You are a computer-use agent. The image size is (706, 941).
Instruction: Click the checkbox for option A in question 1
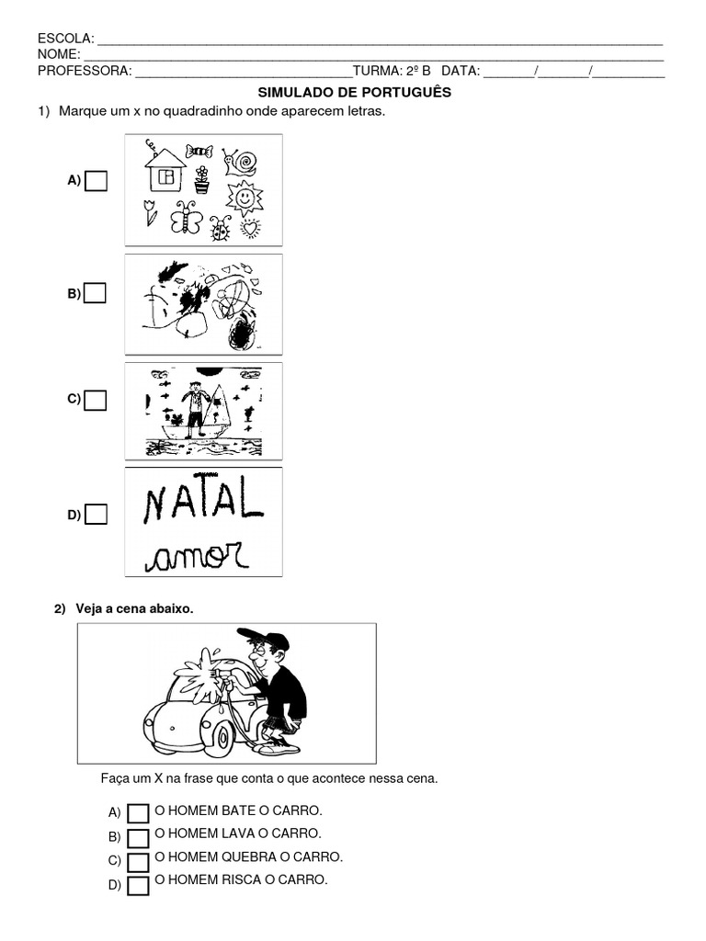click(96, 181)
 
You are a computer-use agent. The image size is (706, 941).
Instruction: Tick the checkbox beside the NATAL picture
click(96, 515)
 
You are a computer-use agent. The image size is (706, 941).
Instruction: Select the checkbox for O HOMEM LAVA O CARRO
click(138, 838)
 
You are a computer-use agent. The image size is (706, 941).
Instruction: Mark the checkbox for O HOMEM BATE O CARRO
click(138, 814)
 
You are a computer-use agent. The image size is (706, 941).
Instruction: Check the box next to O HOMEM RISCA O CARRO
click(138, 886)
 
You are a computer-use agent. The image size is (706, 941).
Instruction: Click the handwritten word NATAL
click(203, 499)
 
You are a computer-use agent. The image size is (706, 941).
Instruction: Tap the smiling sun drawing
click(245, 198)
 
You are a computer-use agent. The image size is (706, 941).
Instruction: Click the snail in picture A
click(240, 162)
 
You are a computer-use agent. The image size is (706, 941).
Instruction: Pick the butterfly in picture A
click(187, 217)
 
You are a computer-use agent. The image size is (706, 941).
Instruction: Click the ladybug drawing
click(221, 228)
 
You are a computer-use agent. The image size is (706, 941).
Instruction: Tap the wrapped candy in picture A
click(199, 151)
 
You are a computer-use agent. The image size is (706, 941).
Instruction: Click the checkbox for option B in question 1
click(95, 293)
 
